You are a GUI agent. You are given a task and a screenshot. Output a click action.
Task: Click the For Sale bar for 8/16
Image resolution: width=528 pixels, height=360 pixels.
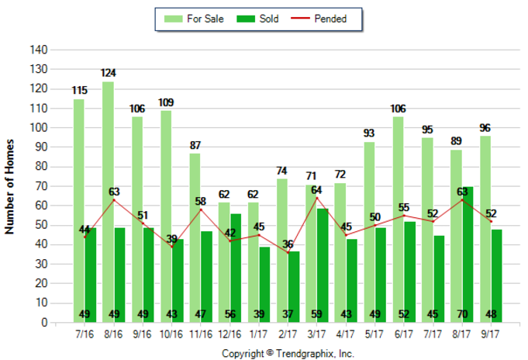[x=108, y=202]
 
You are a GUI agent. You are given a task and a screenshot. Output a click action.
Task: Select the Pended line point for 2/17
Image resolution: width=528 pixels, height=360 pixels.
[x=288, y=252]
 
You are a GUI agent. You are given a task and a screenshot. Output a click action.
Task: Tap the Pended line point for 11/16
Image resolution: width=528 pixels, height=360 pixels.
[x=201, y=209]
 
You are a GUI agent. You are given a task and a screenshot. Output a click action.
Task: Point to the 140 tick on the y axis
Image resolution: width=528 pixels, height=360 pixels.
[x=39, y=50]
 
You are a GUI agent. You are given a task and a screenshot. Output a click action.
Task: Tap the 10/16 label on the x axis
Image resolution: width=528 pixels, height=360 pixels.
[x=171, y=335]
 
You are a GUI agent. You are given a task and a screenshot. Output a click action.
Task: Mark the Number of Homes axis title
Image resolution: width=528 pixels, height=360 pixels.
[x=11, y=186]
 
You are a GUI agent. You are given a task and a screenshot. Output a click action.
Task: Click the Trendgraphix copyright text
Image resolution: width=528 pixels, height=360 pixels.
[x=288, y=353]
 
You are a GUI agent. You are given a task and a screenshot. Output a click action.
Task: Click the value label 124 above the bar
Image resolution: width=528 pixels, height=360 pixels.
[x=108, y=73]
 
